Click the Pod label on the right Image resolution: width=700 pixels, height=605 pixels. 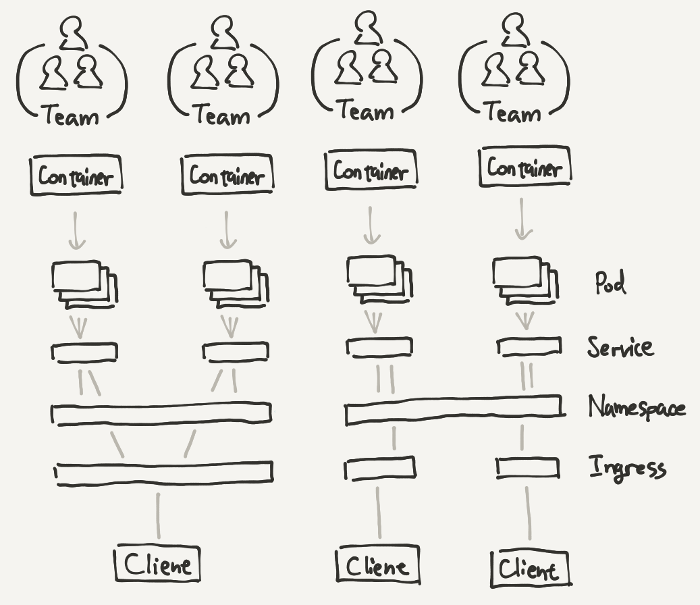pos(610,282)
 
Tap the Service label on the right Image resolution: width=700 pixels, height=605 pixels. pos(620,347)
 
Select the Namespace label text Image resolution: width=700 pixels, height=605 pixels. pos(637,408)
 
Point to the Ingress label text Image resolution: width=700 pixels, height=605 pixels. pos(627,467)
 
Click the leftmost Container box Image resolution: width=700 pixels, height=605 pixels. pos(76,176)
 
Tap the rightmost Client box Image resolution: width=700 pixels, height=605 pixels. pos(530,569)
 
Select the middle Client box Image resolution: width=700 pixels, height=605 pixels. pos(377,566)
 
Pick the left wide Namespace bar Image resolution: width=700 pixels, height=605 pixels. pos(162,413)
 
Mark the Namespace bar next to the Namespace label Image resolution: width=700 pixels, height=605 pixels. pos(453,409)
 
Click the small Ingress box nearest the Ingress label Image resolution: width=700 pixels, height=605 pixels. pos(528,467)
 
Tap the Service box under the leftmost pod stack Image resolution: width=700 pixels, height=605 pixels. pos(85,352)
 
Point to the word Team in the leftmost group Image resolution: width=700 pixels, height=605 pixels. pos(72,117)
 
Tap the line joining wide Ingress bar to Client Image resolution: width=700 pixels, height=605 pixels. pos(159,515)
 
